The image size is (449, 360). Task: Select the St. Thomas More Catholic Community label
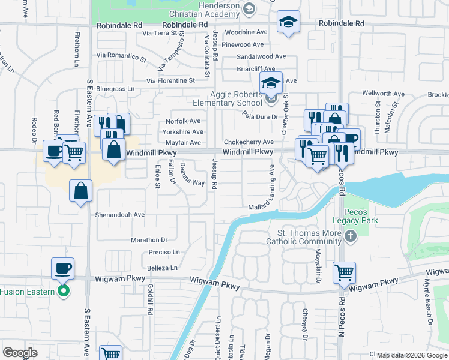(x=307, y=238)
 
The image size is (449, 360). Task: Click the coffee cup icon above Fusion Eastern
(x=62, y=268)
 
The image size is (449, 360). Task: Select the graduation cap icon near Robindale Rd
(x=288, y=23)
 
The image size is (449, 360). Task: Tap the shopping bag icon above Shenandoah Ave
(x=80, y=191)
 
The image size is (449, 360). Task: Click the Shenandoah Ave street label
(x=120, y=214)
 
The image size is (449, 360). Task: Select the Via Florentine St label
(x=171, y=80)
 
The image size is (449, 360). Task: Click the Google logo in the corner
(x=20, y=353)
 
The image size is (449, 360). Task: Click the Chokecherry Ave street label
(x=249, y=142)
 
